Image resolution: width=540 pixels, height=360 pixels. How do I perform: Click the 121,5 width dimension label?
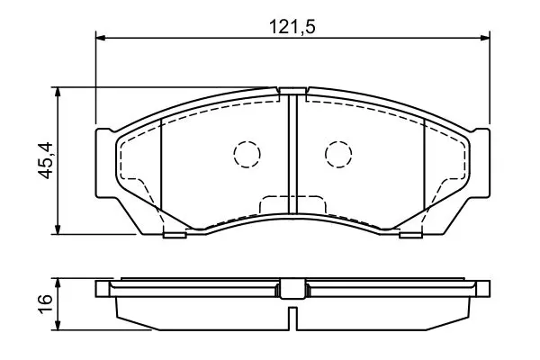(292, 26)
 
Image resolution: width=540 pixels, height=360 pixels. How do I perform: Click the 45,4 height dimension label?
(46, 160)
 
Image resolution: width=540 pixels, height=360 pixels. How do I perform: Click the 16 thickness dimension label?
(46, 303)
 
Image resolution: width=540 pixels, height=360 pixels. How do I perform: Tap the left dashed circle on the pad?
(247, 154)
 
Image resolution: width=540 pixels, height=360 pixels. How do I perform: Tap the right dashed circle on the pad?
(338, 154)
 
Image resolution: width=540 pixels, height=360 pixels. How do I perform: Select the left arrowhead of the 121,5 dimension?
(100, 38)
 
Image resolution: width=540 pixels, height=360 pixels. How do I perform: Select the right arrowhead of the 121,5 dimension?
(484, 38)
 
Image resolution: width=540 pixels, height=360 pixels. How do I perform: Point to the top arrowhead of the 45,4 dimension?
(58, 92)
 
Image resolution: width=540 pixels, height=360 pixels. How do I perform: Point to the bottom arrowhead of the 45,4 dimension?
(58, 229)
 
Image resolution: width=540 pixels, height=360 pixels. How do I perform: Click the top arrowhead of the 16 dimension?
(58, 283)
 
